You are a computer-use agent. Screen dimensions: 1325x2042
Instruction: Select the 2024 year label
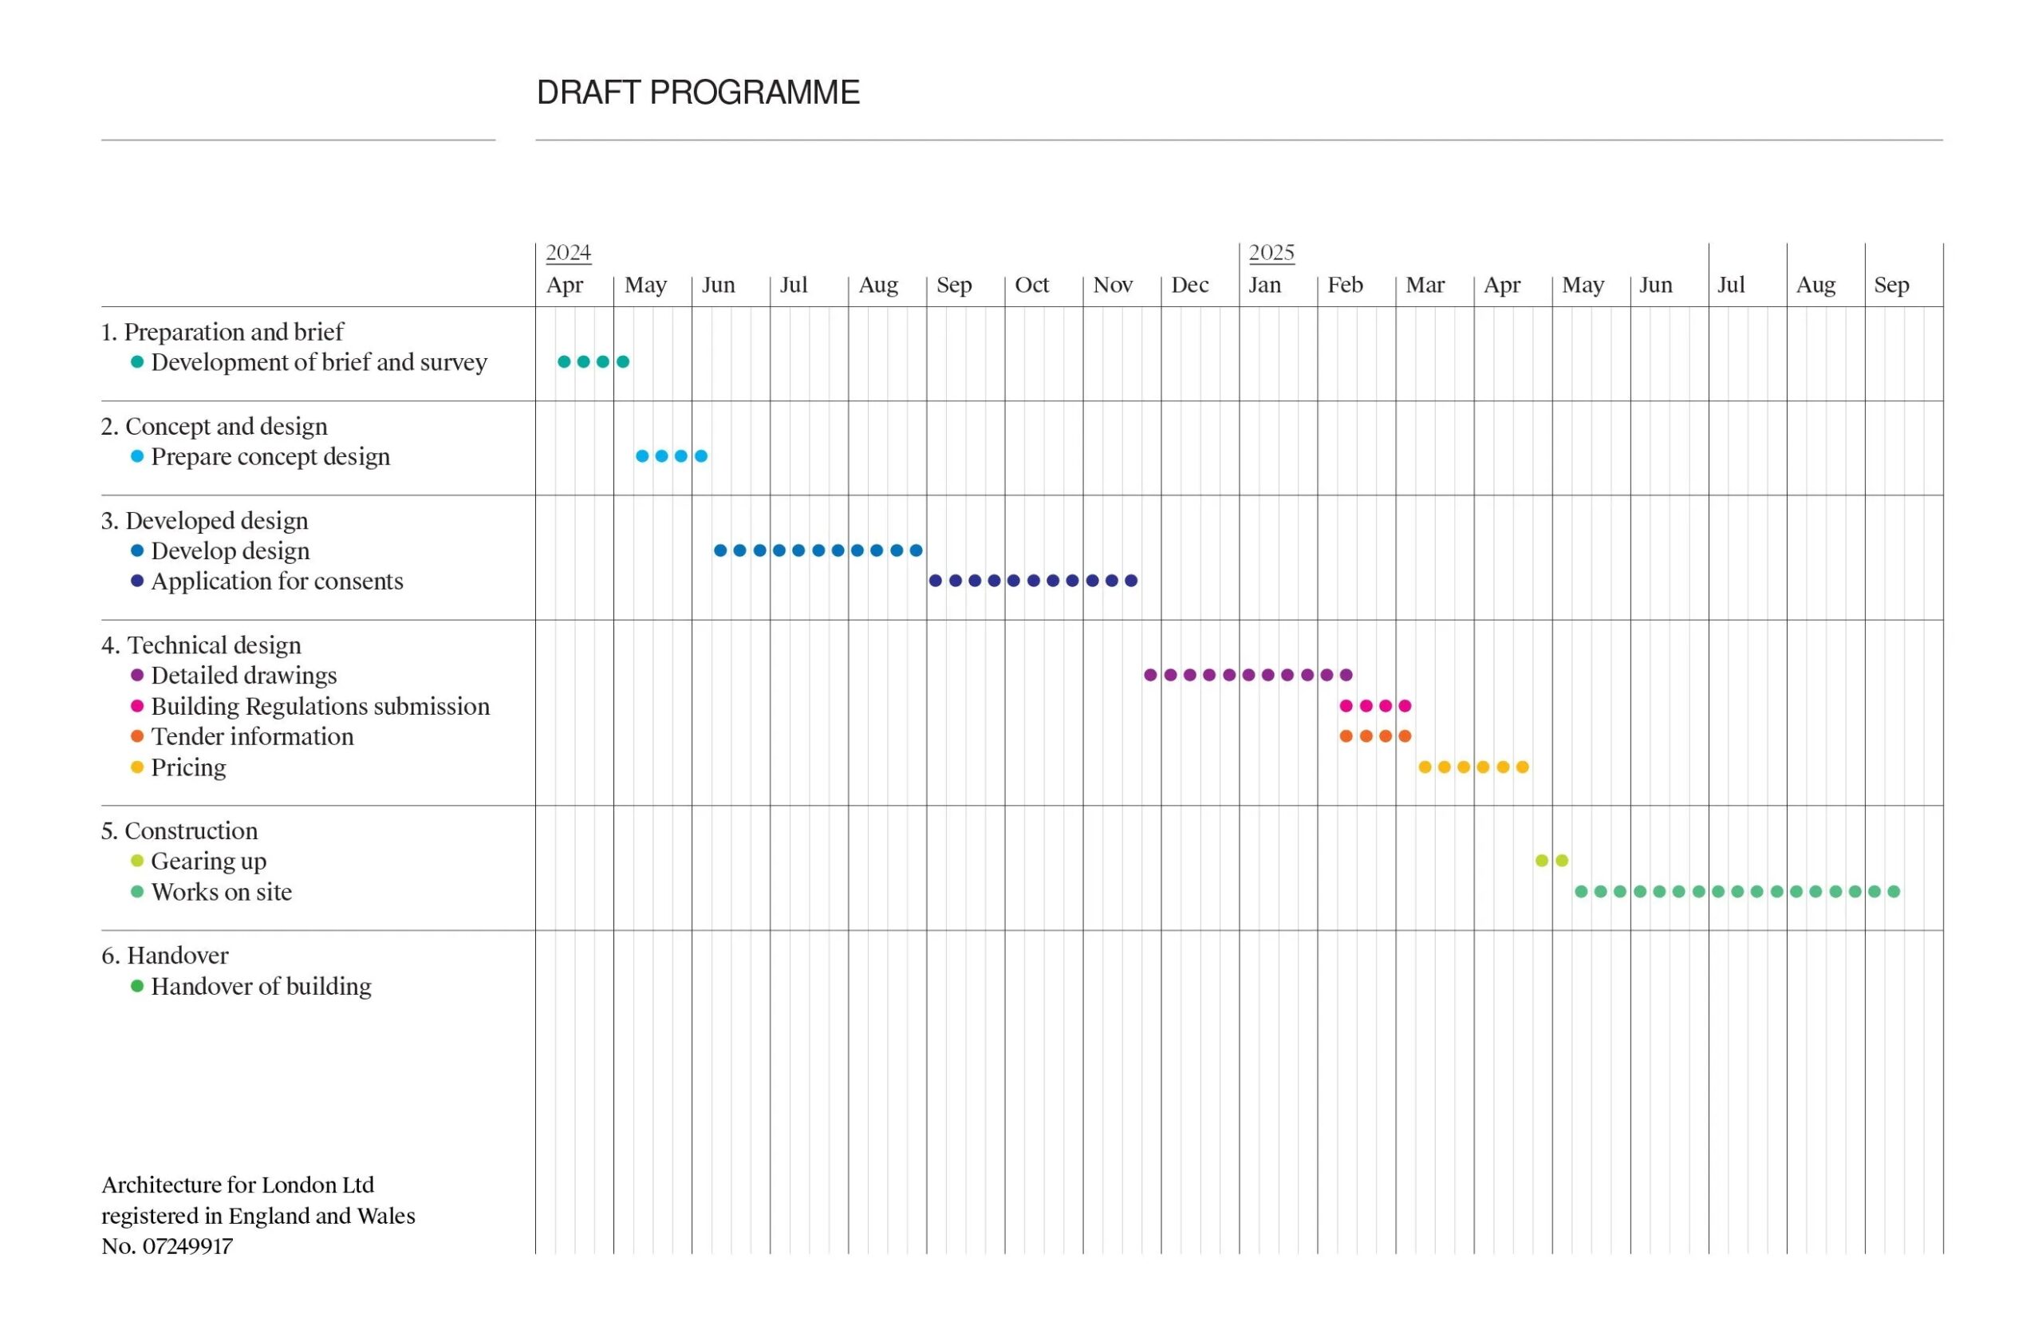[x=568, y=252]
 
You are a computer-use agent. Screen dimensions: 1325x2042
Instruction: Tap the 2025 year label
[x=1271, y=252]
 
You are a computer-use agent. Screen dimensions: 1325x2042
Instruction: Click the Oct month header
[x=1031, y=285]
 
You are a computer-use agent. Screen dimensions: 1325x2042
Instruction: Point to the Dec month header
[x=1189, y=285]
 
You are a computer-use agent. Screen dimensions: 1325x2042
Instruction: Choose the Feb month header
[x=1345, y=285]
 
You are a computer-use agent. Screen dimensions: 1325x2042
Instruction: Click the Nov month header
[x=1112, y=285]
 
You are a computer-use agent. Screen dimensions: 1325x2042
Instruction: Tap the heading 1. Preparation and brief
[x=223, y=331]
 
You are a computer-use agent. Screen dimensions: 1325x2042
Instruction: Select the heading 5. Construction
[x=179, y=830]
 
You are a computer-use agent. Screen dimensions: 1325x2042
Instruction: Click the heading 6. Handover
[x=165, y=954]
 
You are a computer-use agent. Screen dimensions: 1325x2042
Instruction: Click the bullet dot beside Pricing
[x=136, y=767]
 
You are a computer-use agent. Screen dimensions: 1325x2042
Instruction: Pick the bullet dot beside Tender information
[x=136, y=735]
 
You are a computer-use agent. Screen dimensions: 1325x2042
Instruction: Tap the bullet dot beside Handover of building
[x=136, y=985]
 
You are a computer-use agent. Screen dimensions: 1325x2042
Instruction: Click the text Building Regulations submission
[x=320, y=705]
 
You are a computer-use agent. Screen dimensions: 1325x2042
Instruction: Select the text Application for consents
[x=276, y=581]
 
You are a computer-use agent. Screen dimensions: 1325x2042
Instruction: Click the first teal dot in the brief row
[x=564, y=361]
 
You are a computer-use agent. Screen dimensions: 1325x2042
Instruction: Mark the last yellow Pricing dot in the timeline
[x=1522, y=767]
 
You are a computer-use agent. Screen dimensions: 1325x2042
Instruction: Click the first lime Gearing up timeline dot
[x=1542, y=860]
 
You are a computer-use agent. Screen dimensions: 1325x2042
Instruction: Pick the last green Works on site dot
[x=1894, y=891]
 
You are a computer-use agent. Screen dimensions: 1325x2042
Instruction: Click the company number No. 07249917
[x=168, y=1245]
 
